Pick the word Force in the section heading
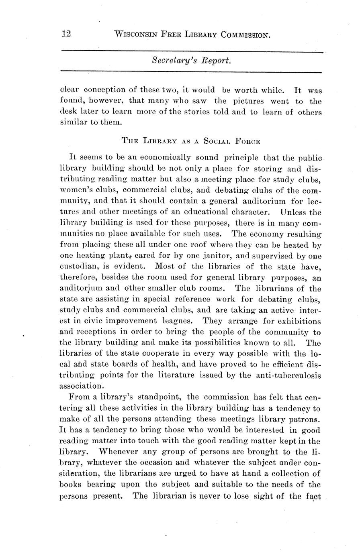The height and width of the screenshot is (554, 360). (x=249, y=141)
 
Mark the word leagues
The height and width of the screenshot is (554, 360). (x=180, y=321)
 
